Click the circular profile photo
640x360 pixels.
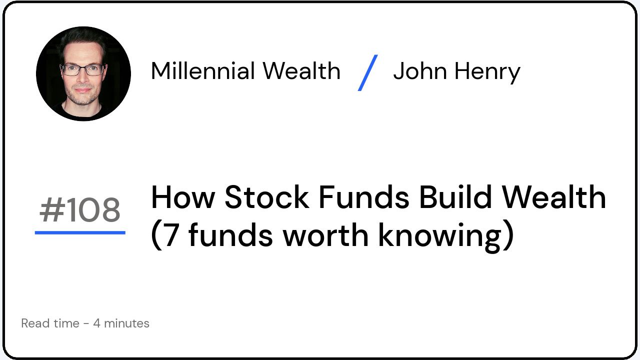(83, 73)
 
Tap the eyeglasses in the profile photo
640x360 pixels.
(82, 69)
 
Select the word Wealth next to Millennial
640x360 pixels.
(301, 71)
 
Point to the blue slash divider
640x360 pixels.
(368, 73)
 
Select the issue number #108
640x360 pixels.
(80, 210)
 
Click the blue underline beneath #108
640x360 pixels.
(80, 232)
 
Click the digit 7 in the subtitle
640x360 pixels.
(171, 235)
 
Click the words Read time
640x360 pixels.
(50, 323)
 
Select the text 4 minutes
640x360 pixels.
(121, 323)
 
